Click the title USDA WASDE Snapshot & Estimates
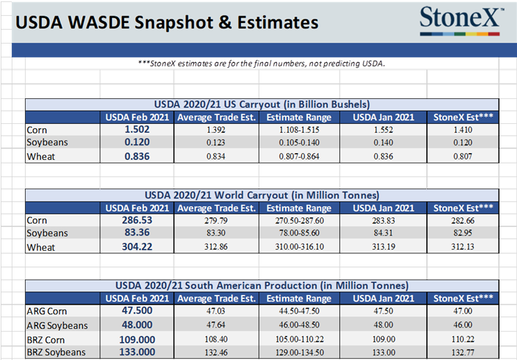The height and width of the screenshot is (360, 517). click(167, 22)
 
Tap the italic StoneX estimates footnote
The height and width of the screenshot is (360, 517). click(262, 64)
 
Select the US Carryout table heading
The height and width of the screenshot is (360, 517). click(262, 104)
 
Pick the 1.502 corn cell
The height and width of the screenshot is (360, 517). click(137, 130)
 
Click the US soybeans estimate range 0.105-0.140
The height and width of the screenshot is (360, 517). click(299, 143)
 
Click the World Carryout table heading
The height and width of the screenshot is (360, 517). click(262, 195)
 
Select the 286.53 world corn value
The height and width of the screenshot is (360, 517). click(137, 221)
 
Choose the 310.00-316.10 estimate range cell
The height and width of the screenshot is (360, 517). click(299, 247)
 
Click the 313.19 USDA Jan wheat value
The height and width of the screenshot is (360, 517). click(383, 247)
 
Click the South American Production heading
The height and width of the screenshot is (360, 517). click(262, 285)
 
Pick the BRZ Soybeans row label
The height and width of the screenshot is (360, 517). click(56, 352)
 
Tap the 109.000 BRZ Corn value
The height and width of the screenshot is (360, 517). click(137, 339)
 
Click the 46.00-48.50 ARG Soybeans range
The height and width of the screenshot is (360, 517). click(299, 325)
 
